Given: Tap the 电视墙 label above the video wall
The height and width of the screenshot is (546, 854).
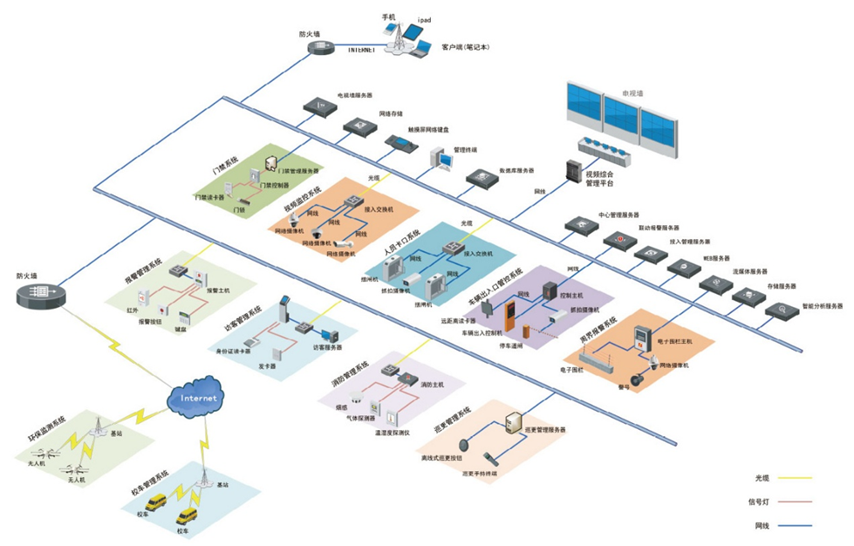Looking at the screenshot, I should point(632,92).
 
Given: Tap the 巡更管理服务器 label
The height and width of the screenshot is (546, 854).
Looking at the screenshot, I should point(545,430).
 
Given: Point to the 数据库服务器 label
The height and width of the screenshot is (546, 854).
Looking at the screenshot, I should point(516,171).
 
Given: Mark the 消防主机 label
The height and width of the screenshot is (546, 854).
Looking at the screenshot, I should point(433,384).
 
